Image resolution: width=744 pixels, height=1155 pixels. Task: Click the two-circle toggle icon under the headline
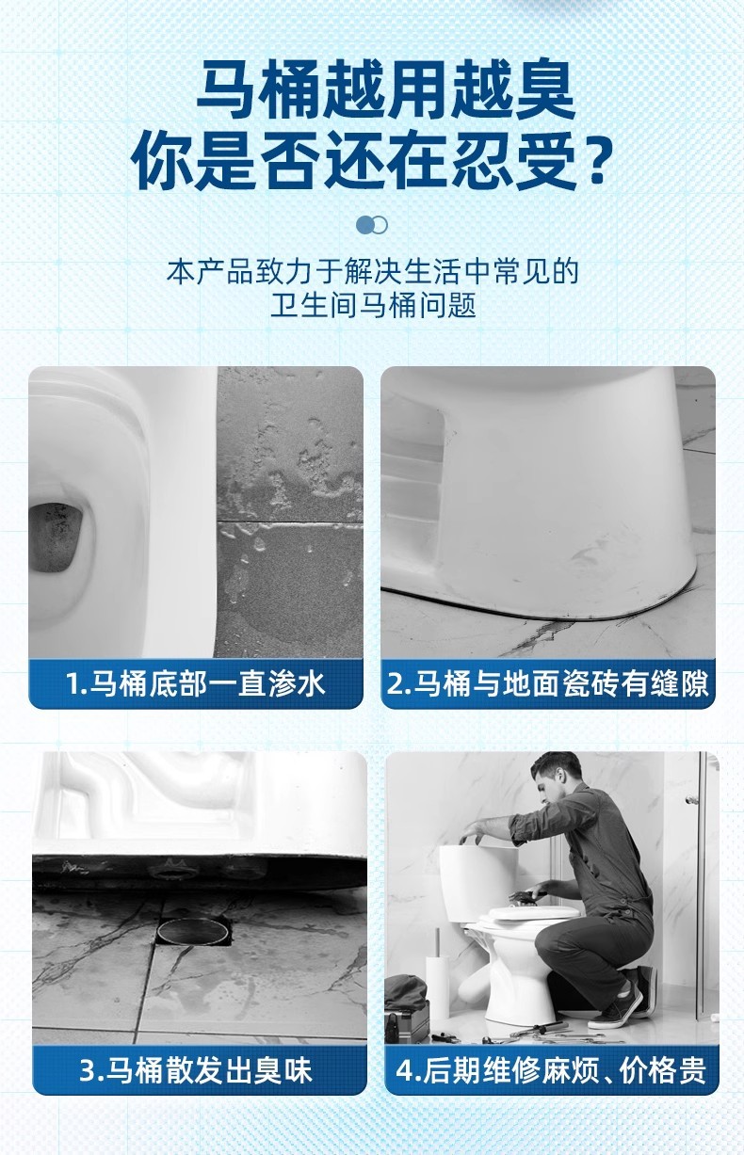(x=371, y=225)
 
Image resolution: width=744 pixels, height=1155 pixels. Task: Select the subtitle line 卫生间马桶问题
(x=373, y=305)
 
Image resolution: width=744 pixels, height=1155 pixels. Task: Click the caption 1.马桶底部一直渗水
(x=196, y=683)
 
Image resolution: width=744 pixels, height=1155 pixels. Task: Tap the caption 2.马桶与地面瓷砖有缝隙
(x=547, y=683)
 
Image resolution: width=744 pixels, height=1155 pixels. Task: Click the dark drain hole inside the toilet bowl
(x=56, y=537)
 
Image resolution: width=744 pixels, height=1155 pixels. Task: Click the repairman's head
(x=555, y=779)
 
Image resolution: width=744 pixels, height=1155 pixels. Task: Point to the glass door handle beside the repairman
(x=691, y=800)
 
